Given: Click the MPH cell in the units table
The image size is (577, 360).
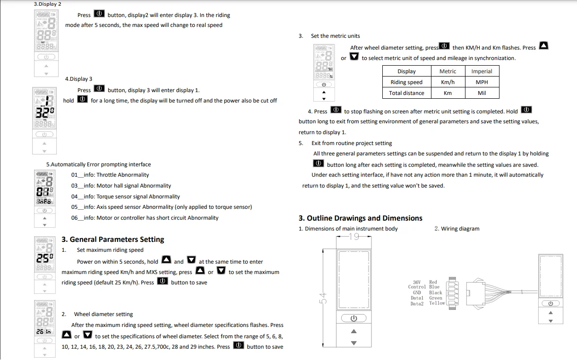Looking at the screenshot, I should pos(482,82).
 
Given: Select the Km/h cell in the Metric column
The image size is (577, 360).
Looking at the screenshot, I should pos(448,82).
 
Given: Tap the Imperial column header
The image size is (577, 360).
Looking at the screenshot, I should pos(482,71).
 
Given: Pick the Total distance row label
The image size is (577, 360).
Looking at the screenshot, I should pos(406,93).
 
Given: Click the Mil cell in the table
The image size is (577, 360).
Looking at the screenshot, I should pos(482,93).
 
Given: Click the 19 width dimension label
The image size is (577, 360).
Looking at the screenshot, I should pos(354,237).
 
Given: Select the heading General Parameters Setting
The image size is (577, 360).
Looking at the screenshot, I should pos(113,240).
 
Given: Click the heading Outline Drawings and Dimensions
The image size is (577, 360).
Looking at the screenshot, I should pos(361,218).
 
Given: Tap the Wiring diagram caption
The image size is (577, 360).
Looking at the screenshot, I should pos(457,229).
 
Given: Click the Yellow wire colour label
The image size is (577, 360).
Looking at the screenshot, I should pos(437,303).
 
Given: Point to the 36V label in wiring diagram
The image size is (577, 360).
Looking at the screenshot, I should pos(417,282).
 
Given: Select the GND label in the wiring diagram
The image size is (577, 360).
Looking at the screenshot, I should pos(417,293).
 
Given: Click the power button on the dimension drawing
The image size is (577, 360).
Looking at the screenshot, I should pos(354,318).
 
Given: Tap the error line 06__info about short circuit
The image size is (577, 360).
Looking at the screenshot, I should pos(145,218).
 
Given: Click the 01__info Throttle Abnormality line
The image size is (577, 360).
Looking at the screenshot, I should pos(110,175).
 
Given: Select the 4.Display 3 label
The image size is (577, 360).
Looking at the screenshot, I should pos(79,79).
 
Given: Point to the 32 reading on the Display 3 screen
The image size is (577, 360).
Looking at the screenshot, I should pos(44,112).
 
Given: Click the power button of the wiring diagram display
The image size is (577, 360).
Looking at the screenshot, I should pos(551,303).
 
